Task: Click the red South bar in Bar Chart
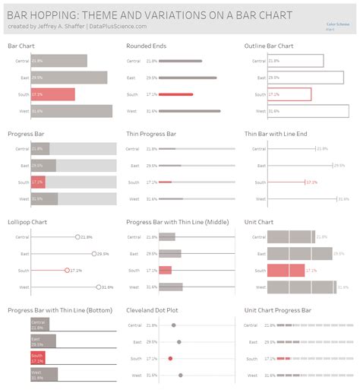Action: [x=52, y=94]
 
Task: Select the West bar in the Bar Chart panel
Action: [x=71, y=111]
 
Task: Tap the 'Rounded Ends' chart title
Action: [x=146, y=46]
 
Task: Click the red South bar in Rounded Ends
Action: [x=175, y=94]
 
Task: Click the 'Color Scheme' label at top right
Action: [x=336, y=24]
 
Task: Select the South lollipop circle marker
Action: [x=68, y=270]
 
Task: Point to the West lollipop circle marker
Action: [x=99, y=287]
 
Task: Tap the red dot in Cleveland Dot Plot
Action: [x=170, y=358]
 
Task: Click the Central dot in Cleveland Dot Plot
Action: [x=175, y=325]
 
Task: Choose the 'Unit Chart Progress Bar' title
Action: [x=277, y=310]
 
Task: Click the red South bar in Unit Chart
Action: [x=286, y=270]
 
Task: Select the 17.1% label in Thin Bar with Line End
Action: [x=311, y=182]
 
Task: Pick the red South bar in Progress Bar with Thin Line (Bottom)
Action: [x=38, y=358]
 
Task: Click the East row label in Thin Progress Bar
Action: [x=131, y=165]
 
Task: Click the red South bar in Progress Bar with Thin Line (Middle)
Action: [x=166, y=270]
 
